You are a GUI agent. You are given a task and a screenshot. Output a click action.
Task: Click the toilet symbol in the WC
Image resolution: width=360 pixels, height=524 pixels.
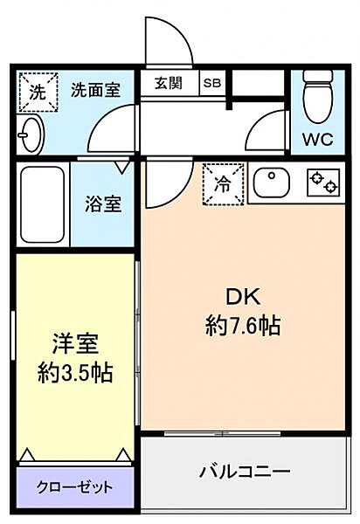pyautogui.click(x=318, y=96)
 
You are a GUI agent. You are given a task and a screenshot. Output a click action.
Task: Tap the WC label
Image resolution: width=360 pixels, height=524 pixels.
pyautogui.click(x=317, y=139)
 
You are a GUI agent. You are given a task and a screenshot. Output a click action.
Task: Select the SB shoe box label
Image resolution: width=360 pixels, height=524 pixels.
pyautogui.click(x=212, y=83)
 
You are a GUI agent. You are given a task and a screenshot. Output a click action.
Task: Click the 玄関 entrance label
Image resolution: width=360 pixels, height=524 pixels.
pyautogui.click(x=169, y=83)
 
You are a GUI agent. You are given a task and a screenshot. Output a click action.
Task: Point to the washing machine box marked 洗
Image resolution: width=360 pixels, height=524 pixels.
pyautogui.click(x=38, y=92)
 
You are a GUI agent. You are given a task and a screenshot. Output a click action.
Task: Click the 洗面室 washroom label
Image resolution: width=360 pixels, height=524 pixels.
pyautogui.click(x=95, y=90)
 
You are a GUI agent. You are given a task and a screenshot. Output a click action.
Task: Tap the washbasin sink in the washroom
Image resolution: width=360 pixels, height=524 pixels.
pyautogui.click(x=31, y=135)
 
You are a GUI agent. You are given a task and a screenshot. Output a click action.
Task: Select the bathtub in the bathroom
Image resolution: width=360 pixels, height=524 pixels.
pyautogui.click(x=42, y=204)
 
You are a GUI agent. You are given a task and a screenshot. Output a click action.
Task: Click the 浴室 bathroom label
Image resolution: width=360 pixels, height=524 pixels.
pyautogui.click(x=103, y=203)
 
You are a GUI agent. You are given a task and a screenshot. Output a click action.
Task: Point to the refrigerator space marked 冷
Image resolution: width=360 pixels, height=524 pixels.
pyautogui.click(x=224, y=183)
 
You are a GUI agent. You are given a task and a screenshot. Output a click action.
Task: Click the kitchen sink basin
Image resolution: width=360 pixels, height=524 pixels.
pyautogui.click(x=272, y=183)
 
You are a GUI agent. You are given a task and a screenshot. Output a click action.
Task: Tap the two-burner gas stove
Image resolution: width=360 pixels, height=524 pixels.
pyautogui.click(x=323, y=183)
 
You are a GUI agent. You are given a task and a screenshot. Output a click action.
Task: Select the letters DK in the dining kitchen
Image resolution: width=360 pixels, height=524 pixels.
pyautogui.click(x=243, y=297)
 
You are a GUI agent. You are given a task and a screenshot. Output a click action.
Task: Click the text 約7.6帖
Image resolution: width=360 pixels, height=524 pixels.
pyautogui.click(x=243, y=326)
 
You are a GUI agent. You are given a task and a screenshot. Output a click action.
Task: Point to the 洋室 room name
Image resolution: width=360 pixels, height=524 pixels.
pyautogui.click(x=75, y=344)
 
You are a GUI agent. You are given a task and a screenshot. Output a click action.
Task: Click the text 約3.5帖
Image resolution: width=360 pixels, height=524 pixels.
pyautogui.click(x=75, y=373)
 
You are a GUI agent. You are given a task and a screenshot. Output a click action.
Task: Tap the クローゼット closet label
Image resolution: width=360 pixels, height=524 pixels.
pyautogui.click(x=74, y=487)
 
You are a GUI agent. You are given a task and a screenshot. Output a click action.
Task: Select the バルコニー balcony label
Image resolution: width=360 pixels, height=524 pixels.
pyautogui.click(x=245, y=472)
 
